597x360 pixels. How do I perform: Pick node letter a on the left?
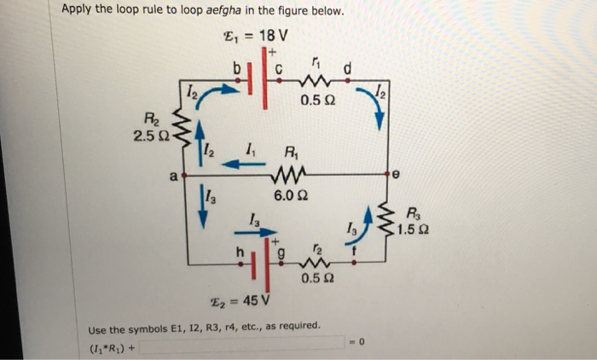(x=172, y=177)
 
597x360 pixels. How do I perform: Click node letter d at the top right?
(x=346, y=67)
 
